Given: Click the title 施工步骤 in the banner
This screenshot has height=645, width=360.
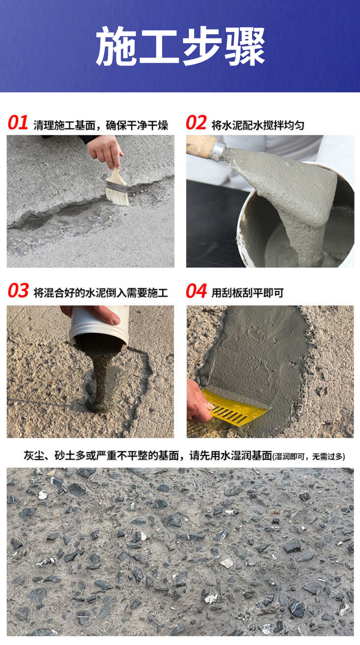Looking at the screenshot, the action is point(180,46).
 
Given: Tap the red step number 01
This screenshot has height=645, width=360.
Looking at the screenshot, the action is point(18,123).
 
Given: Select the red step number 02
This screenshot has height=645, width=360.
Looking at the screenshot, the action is point(196,123).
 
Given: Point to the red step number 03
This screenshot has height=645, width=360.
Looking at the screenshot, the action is point(18,291).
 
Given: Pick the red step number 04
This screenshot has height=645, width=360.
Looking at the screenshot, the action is point(196,291).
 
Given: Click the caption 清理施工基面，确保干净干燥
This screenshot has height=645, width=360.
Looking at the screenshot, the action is point(101,125).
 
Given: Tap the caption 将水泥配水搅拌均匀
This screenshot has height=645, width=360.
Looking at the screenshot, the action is point(258,125).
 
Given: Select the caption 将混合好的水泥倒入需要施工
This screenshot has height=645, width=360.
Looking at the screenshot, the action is point(101,293).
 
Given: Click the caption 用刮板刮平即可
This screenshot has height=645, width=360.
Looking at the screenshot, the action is point(248,293).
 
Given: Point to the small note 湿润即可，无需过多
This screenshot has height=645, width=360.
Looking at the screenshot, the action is point(309,457).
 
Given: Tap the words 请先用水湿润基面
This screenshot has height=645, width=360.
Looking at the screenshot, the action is point(231,456).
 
